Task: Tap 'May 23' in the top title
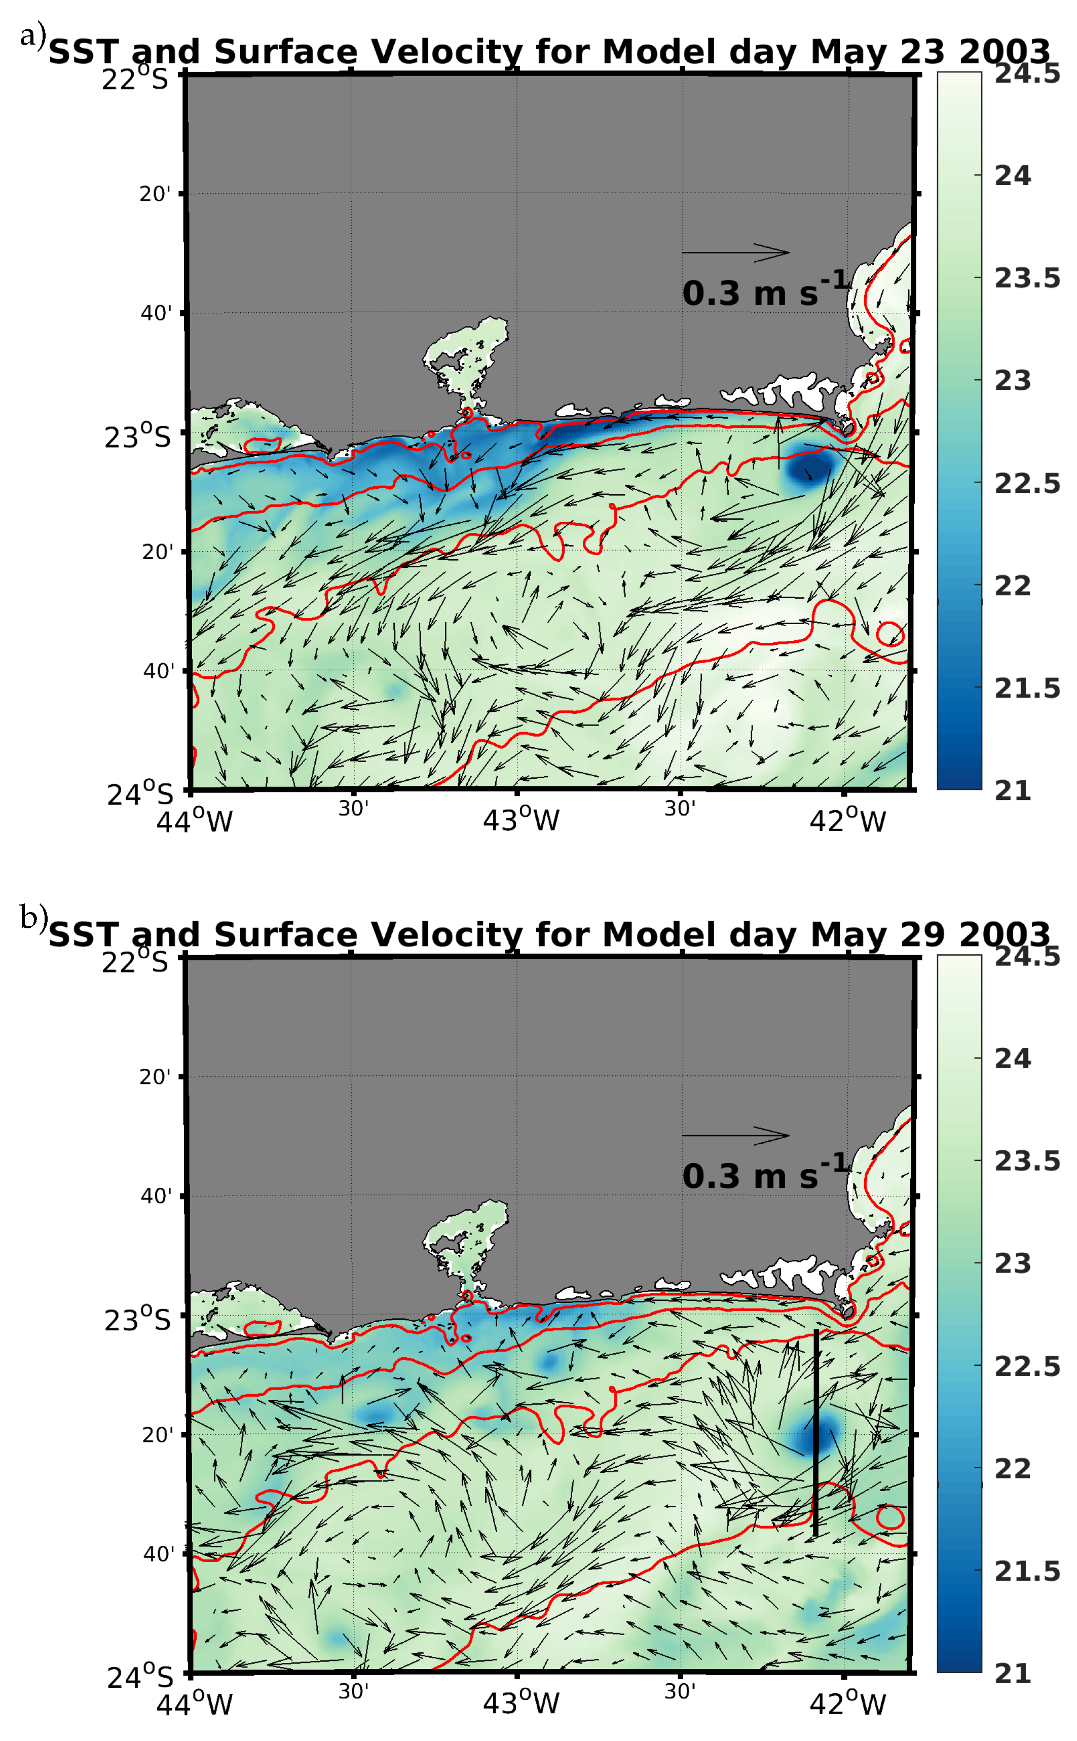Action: pyautogui.click(x=877, y=53)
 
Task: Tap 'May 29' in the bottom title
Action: pyautogui.click(x=877, y=935)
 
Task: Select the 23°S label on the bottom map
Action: pyautogui.click(x=137, y=1320)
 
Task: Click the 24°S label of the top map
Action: pyautogui.click(x=139, y=793)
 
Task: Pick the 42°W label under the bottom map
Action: pyautogui.click(x=847, y=1704)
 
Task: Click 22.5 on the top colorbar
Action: pyautogui.click(x=1026, y=484)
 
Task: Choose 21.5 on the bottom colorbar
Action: pyautogui.click(x=1026, y=1571)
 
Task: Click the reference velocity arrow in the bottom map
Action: pyautogui.click(x=735, y=1136)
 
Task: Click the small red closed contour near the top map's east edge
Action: pyautogui.click(x=889, y=633)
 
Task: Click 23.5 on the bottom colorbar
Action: pyautogui.click(x=1026, y=1161)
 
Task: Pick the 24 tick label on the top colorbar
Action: pyautogui.click(x=1012, y=176)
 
